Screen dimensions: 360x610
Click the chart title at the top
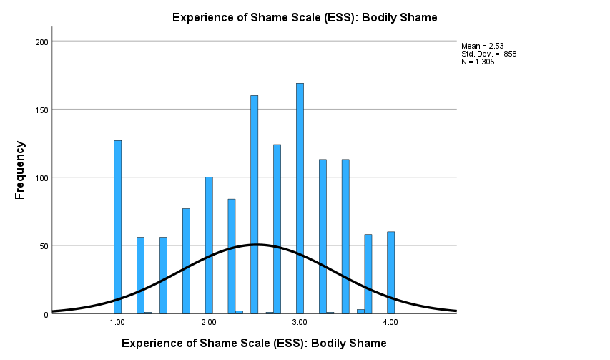305,17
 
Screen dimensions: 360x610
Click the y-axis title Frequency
20,170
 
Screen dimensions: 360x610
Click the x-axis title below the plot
254,344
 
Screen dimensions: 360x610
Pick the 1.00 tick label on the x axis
117,323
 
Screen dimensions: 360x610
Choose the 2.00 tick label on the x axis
209,323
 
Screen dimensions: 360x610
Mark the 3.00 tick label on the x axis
300,323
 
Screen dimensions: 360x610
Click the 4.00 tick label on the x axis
390,323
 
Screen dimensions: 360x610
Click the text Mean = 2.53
483,46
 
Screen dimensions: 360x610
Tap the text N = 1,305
478,62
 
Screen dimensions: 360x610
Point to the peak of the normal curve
255,245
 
